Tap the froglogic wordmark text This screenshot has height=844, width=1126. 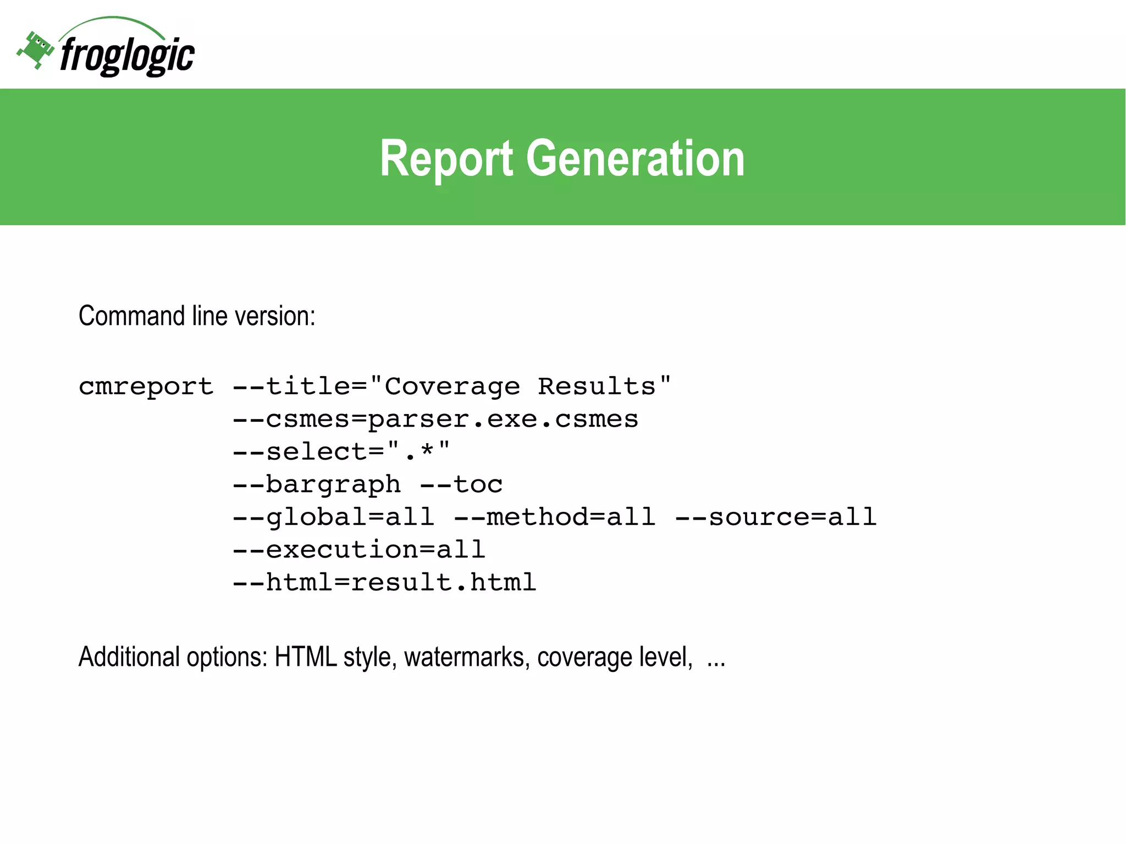tap(127, 56)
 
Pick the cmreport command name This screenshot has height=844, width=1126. tap(146, 387)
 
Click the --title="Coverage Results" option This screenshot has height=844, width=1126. tap(451, 387)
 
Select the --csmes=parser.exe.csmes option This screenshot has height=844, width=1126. tap(435, 420)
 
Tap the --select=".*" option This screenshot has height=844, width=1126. tap(341, 452)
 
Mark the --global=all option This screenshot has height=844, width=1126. tap(333, 517)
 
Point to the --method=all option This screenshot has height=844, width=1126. tap(555, 517)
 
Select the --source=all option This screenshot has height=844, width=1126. tap(776, 517)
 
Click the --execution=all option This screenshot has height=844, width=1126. tap(359, 550)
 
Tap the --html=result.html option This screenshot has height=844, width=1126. tap(384, 582)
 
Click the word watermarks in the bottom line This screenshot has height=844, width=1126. tap(467, 657)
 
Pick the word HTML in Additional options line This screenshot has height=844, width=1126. tap(306, 657)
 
